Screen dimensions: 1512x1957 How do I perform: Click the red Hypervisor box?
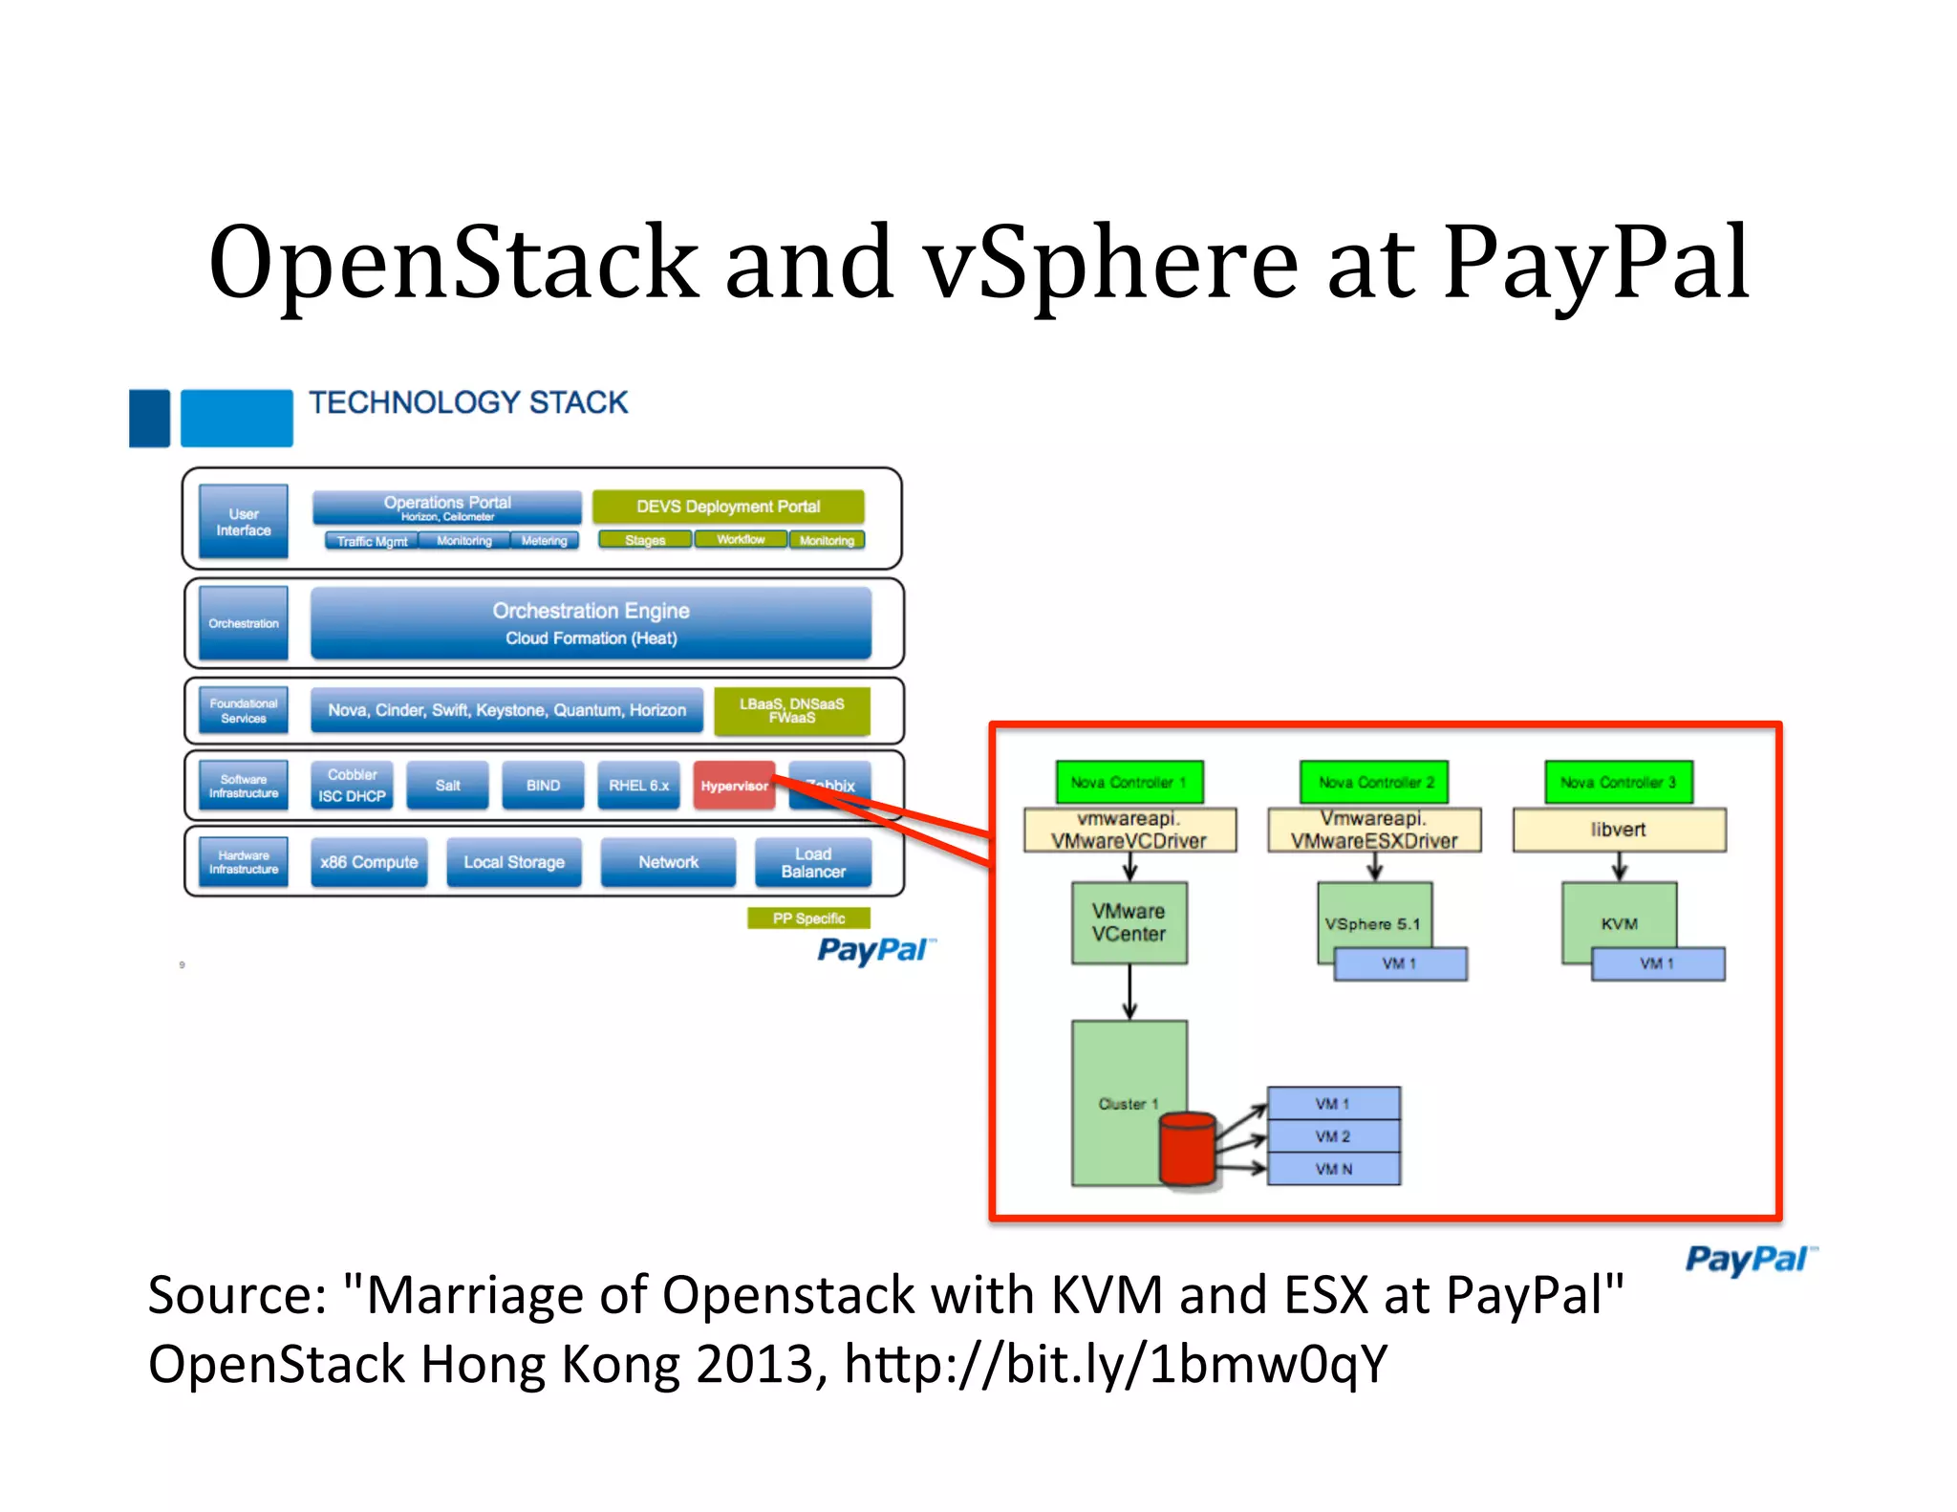point(733,785)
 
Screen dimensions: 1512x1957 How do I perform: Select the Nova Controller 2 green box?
point(1374,782)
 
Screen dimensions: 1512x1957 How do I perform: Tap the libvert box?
point(1618,830)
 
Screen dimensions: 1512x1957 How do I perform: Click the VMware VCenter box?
point(1129,922)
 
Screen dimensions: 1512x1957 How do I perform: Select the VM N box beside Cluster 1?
point(1333,1169)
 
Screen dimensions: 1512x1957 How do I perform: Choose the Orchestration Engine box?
point(591,623)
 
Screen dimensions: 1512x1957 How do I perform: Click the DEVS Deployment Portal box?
point(728,507)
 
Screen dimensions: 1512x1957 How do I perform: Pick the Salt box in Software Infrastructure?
point(447,785)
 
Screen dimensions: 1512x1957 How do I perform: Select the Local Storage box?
point(514,862)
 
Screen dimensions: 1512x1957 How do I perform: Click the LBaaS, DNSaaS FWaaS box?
point(791,711)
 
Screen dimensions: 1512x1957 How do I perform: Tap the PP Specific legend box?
point(808,918)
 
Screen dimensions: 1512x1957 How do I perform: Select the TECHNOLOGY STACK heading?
point(468,402)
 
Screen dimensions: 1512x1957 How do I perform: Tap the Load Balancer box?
point(812,862)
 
